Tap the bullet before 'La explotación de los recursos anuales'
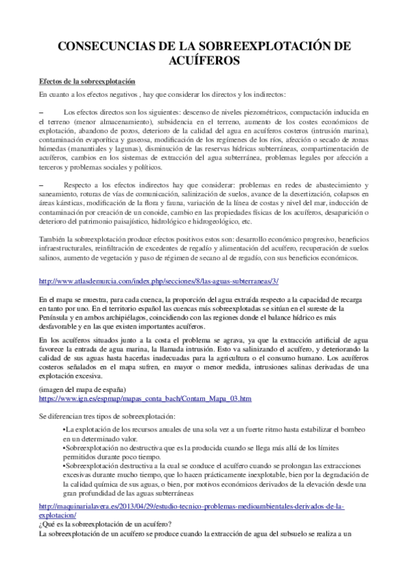point(63,431)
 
